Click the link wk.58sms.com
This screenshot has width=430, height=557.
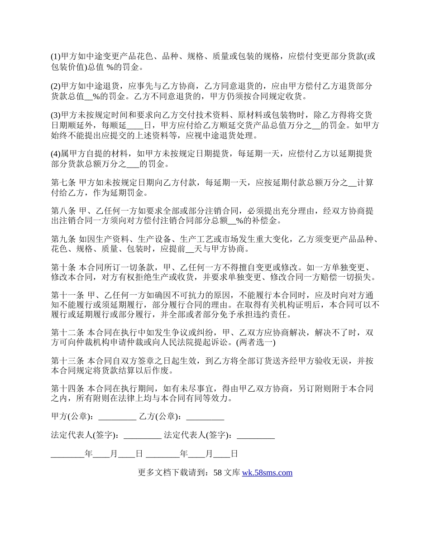pos(267,473)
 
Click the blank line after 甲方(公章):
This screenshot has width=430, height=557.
pos(117,417)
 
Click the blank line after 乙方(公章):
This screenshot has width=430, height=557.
pos(205,417)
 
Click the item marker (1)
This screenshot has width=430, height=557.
pos(56,57)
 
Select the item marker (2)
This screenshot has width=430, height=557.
pos(56,85)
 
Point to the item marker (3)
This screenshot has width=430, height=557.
pos(56,115)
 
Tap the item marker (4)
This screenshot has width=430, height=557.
pos(56,154)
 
